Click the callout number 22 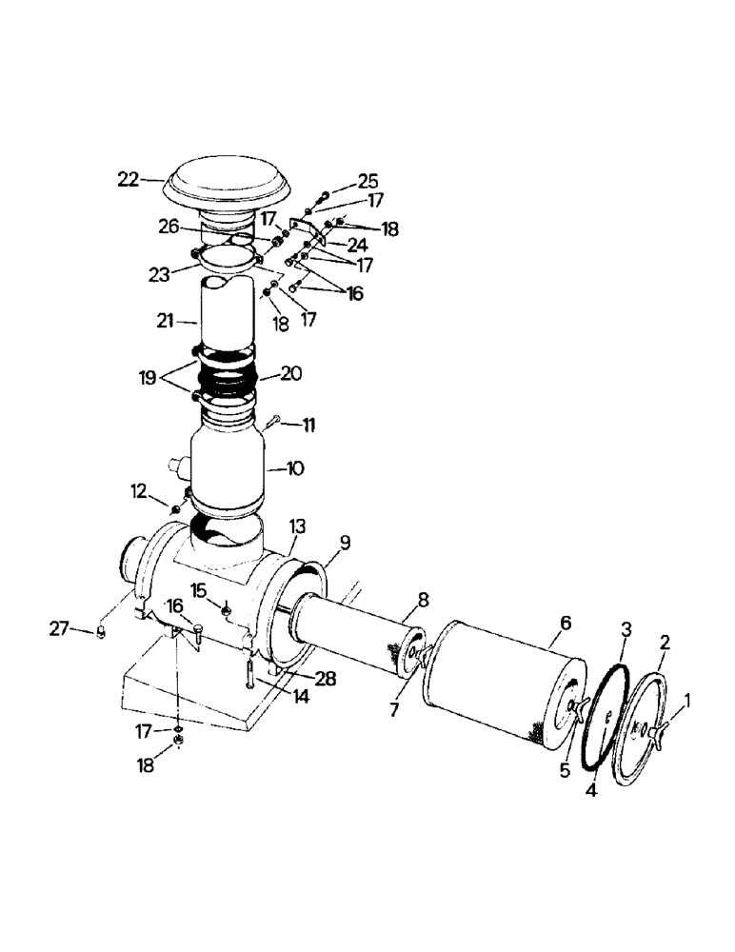pyautogui.click(x=129, y=178)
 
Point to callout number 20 pyautogui.click(x=289, y=374)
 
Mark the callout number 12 pyautogui.click(x=138, y=491)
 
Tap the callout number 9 pyautogui.click(x=345, y=544)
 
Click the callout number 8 pyautogui.click(x=423, y=600)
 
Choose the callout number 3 pyautogui.click(x=625, y=630)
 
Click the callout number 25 pyautogui.click(x=367, y=180)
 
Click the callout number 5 pyautogui.click(x=565, y=769)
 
